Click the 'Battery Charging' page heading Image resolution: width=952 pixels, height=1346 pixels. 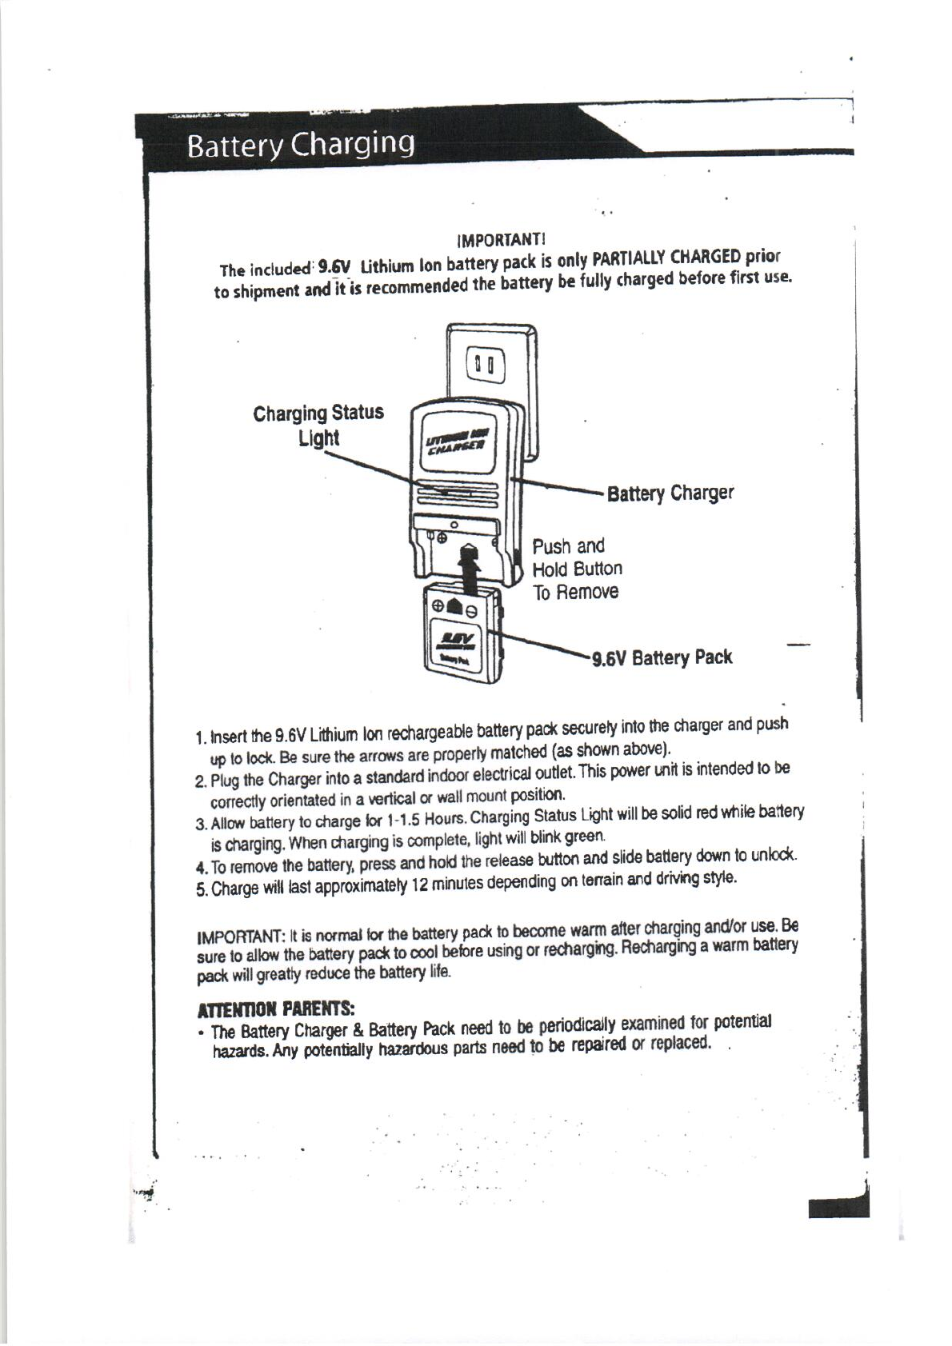coord(300,146)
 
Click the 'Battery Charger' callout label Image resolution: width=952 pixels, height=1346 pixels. coord(670,493)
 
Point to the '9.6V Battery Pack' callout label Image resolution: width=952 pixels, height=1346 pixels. coord(662,658)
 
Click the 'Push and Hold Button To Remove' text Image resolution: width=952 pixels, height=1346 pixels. coord(577,569)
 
